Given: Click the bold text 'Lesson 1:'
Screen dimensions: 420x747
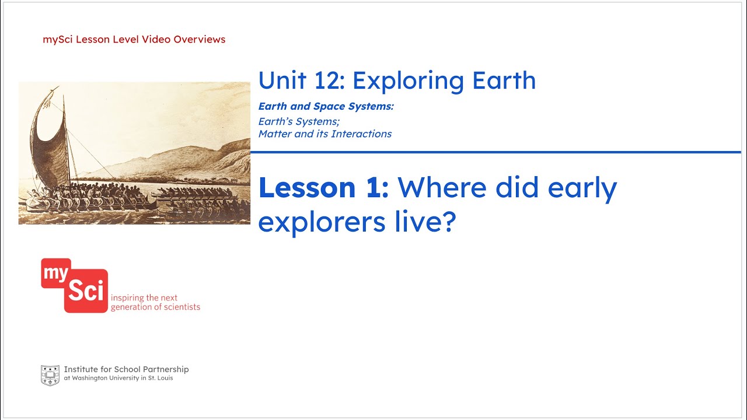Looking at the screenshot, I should coord(323,188).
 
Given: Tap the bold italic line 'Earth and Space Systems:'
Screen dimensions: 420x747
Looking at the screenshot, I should coord(326,106).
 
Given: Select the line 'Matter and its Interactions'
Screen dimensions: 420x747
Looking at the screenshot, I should coord(324,134).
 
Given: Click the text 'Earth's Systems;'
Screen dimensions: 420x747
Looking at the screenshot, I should coord(299,121).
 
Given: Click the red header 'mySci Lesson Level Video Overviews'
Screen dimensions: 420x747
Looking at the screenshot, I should coord(134,40).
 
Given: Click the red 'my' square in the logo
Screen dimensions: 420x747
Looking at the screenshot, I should coord(55,273).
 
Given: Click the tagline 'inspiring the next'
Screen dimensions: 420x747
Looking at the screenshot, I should coord(144,297).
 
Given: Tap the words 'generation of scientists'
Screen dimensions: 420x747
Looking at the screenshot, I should coord(155,307).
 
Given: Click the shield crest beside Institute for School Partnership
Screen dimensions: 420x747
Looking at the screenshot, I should coord(50,375).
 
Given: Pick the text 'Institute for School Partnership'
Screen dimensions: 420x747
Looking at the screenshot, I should coord(126,369).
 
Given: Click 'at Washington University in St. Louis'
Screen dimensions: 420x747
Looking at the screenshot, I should coord(118,378).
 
